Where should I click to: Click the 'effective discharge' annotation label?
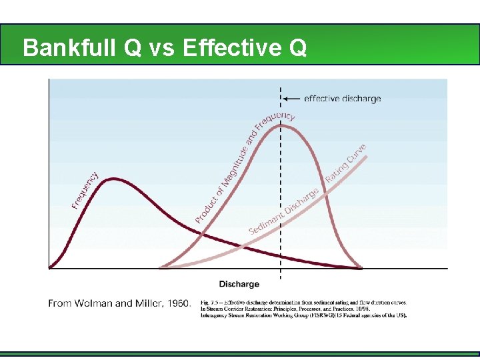click(342, 99)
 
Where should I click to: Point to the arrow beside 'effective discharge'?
click(292, 99)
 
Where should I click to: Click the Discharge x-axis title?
click(239, 284)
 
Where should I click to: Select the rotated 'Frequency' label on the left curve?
click(85, 190)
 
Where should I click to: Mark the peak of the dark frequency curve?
click(115, 179)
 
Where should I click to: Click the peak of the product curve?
click(280, 125)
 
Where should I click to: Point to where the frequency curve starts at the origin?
click(50, 268)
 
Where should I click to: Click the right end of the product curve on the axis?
click(362, 268)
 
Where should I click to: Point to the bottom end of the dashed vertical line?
click(280, 279)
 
